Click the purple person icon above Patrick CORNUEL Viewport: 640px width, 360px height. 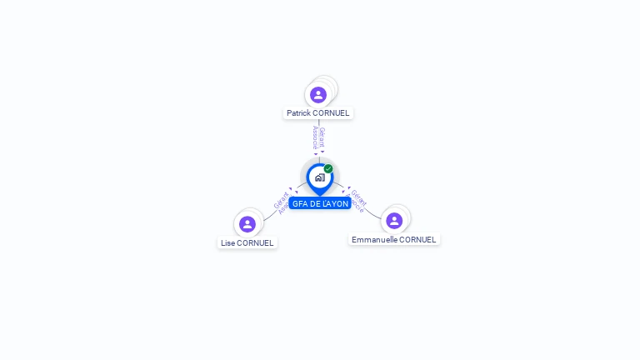(318, 94)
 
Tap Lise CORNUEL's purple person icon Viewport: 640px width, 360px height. (247, 224)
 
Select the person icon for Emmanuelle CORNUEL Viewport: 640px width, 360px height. (394, 221)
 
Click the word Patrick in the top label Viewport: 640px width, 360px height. (299, 113)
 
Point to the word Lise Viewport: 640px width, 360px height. (227, 243)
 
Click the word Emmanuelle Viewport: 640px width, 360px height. (373, 240)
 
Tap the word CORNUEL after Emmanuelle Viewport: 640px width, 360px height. (417, 240)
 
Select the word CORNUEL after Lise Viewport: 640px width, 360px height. (256, 243)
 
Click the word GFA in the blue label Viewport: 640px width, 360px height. (300, 204)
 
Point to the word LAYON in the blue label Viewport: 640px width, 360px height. (335, 204)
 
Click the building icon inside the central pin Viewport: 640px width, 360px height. (319, 177)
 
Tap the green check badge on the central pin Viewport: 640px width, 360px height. (328, 168)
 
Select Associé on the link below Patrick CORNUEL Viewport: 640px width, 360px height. (315, 137)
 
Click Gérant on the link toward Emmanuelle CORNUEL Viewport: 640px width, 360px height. (359, 198)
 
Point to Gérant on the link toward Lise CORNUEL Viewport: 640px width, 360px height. (280, 200)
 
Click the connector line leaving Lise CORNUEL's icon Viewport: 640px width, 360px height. (267, 217)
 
